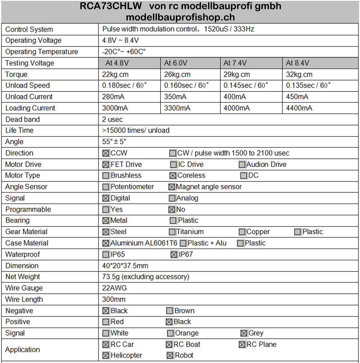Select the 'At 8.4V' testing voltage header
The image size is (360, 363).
(297, 63)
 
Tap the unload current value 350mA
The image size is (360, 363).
(175, 97)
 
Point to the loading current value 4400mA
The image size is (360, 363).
(299, 108)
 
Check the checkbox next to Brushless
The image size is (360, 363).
(106, 176)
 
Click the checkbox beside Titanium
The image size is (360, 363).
(172, 232)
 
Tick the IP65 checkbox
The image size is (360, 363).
(106, 255)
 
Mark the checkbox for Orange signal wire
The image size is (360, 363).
(171, 333)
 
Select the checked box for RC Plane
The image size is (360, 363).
(242, 345)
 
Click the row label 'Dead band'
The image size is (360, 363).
(23, 119)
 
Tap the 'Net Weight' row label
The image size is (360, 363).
(23, 277)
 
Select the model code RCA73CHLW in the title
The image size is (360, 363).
(113, 6)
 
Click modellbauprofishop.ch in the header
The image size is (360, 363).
(180, 17)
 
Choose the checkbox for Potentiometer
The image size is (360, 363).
(106, 187)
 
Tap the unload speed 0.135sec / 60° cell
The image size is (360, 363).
(308, 86)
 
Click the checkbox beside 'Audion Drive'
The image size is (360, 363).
(242, 165)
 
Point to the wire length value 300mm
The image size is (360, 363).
(114, 299)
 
